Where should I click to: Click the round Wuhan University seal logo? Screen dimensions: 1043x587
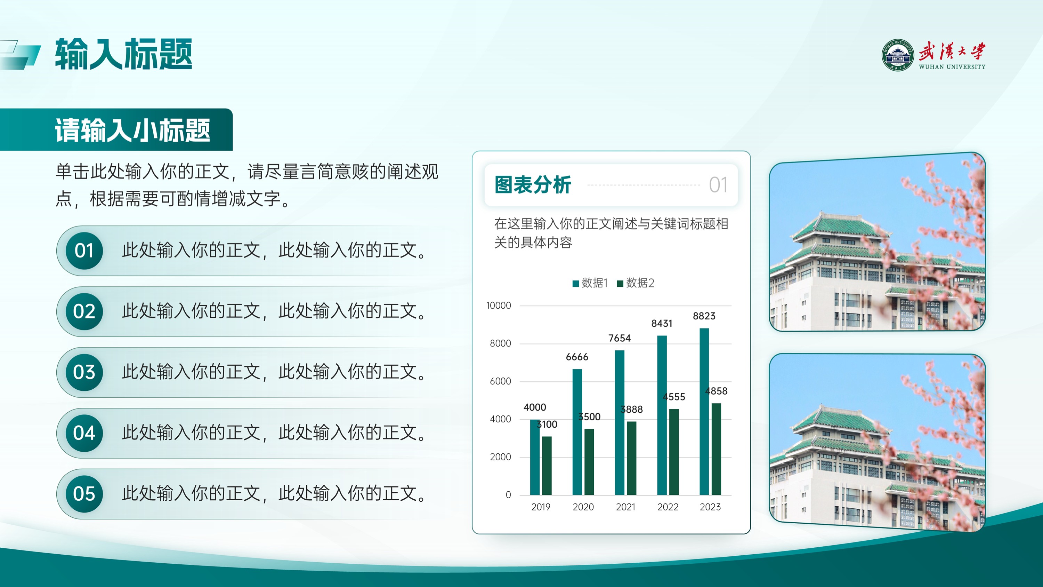pos(898,55)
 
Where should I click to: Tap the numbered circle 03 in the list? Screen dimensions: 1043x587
pos(84,372)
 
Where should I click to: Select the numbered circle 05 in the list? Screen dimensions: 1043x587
pos(84,494)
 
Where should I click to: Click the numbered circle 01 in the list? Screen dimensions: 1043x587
pos(84,251)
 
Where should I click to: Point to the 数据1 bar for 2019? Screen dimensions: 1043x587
pos(535,457)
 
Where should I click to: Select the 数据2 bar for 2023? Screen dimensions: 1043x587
pos(716,449)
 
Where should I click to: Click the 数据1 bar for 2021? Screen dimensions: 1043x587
pos(620,422)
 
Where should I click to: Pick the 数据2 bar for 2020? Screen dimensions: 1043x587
pos(589,462)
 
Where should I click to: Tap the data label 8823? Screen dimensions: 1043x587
pos(704,316)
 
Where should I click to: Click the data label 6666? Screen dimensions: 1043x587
pos(577,357)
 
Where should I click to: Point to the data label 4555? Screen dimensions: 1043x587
pos(674,397)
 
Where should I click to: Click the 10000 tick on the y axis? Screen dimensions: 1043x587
pos(499,306)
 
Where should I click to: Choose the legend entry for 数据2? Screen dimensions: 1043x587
pos(636,283)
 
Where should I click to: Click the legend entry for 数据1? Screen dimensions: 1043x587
pos(590,283)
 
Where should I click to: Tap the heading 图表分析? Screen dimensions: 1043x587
pos(533,185)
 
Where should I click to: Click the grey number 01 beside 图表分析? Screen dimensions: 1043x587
pos(718,185)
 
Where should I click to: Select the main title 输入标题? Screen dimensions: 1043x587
pos(123,54)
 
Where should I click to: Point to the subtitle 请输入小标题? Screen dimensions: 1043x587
pos(132,130)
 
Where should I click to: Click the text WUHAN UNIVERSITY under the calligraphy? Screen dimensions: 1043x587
pos(952,67)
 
